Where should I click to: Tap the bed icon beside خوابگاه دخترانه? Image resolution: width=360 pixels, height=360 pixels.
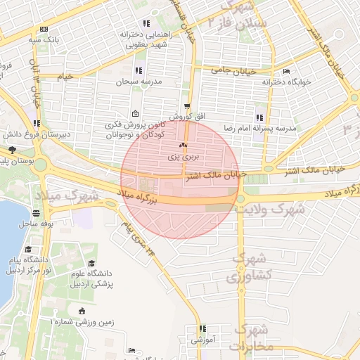click(x=286, y=71)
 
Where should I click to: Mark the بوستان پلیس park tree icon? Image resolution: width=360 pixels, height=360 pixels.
click(x=12, y=149)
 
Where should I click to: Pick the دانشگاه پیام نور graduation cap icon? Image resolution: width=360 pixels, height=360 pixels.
click(x=28, y=249)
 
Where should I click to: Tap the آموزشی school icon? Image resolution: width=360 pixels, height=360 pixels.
click(x=202, y=328)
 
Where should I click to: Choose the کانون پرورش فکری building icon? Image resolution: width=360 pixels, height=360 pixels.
click(x=135, y=115)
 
